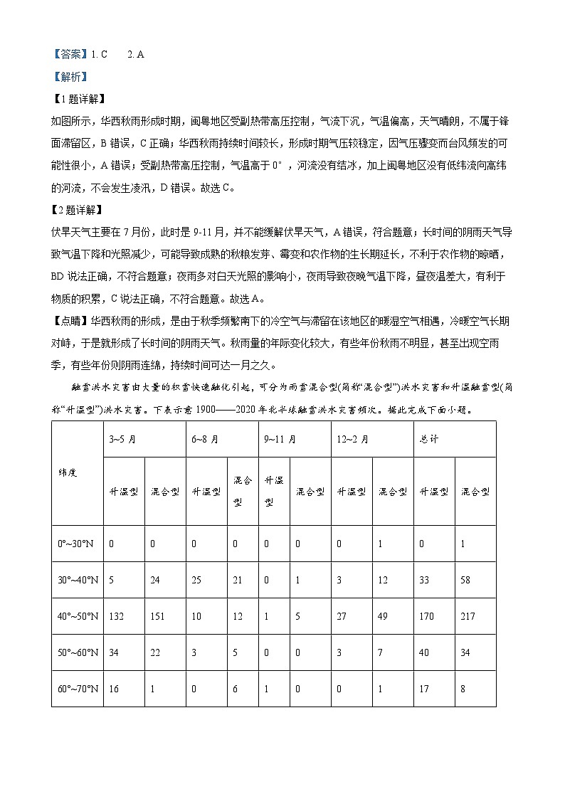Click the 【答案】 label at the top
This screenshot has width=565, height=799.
70,54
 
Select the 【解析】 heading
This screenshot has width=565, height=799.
70,77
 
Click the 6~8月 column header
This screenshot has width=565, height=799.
205,440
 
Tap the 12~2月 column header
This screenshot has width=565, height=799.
354,440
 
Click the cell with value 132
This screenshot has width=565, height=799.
116,616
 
